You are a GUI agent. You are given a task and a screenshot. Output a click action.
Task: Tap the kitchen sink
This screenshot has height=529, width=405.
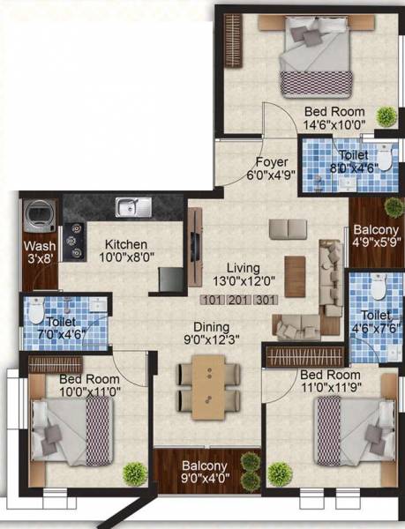click(132, 207)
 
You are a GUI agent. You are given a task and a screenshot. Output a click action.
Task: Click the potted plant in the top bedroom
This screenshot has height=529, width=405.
click(386, 115)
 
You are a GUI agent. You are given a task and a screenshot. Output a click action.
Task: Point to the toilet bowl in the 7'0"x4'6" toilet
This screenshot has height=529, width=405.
click(36, 311)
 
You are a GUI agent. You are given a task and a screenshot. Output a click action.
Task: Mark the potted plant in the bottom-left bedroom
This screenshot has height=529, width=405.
click(134, 473)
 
